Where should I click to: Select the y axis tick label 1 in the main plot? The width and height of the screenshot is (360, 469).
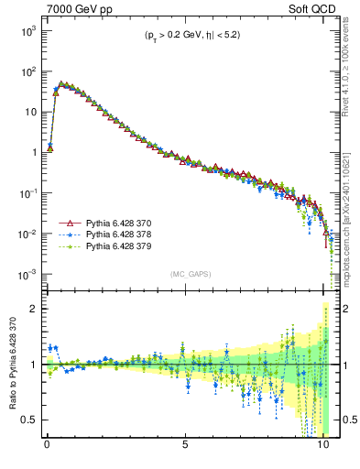tap(31, 153)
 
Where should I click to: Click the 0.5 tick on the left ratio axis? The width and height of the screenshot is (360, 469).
tap(27, 420)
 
